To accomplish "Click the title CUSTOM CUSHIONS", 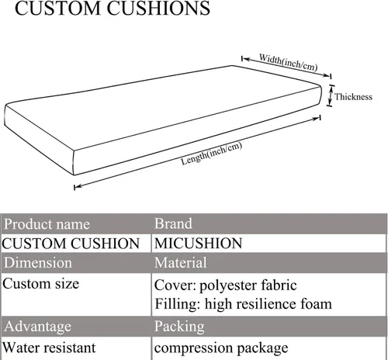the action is [113, 9].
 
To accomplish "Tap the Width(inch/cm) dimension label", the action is [288, 62].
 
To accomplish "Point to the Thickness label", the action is [353, 97].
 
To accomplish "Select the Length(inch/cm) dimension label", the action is [211, 154].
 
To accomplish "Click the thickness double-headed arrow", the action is [331, 95].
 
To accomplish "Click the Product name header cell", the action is [76, 224].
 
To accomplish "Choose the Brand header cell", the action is [269, 224].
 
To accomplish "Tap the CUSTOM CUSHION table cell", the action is [76, 244].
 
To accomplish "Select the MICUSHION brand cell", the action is [269, 244].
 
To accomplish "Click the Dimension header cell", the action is [76, 263].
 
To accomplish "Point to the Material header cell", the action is [269, 263].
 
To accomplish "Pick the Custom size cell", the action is [76, 294].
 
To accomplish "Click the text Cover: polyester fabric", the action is [225, 286].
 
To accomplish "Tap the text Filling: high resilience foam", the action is [243, 304].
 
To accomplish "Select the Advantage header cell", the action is [76, 327].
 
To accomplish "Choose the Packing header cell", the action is [269, 327].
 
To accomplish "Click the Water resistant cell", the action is [76, 348].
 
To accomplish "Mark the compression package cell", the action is [269, 348].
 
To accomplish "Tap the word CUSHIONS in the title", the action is [158, 9].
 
